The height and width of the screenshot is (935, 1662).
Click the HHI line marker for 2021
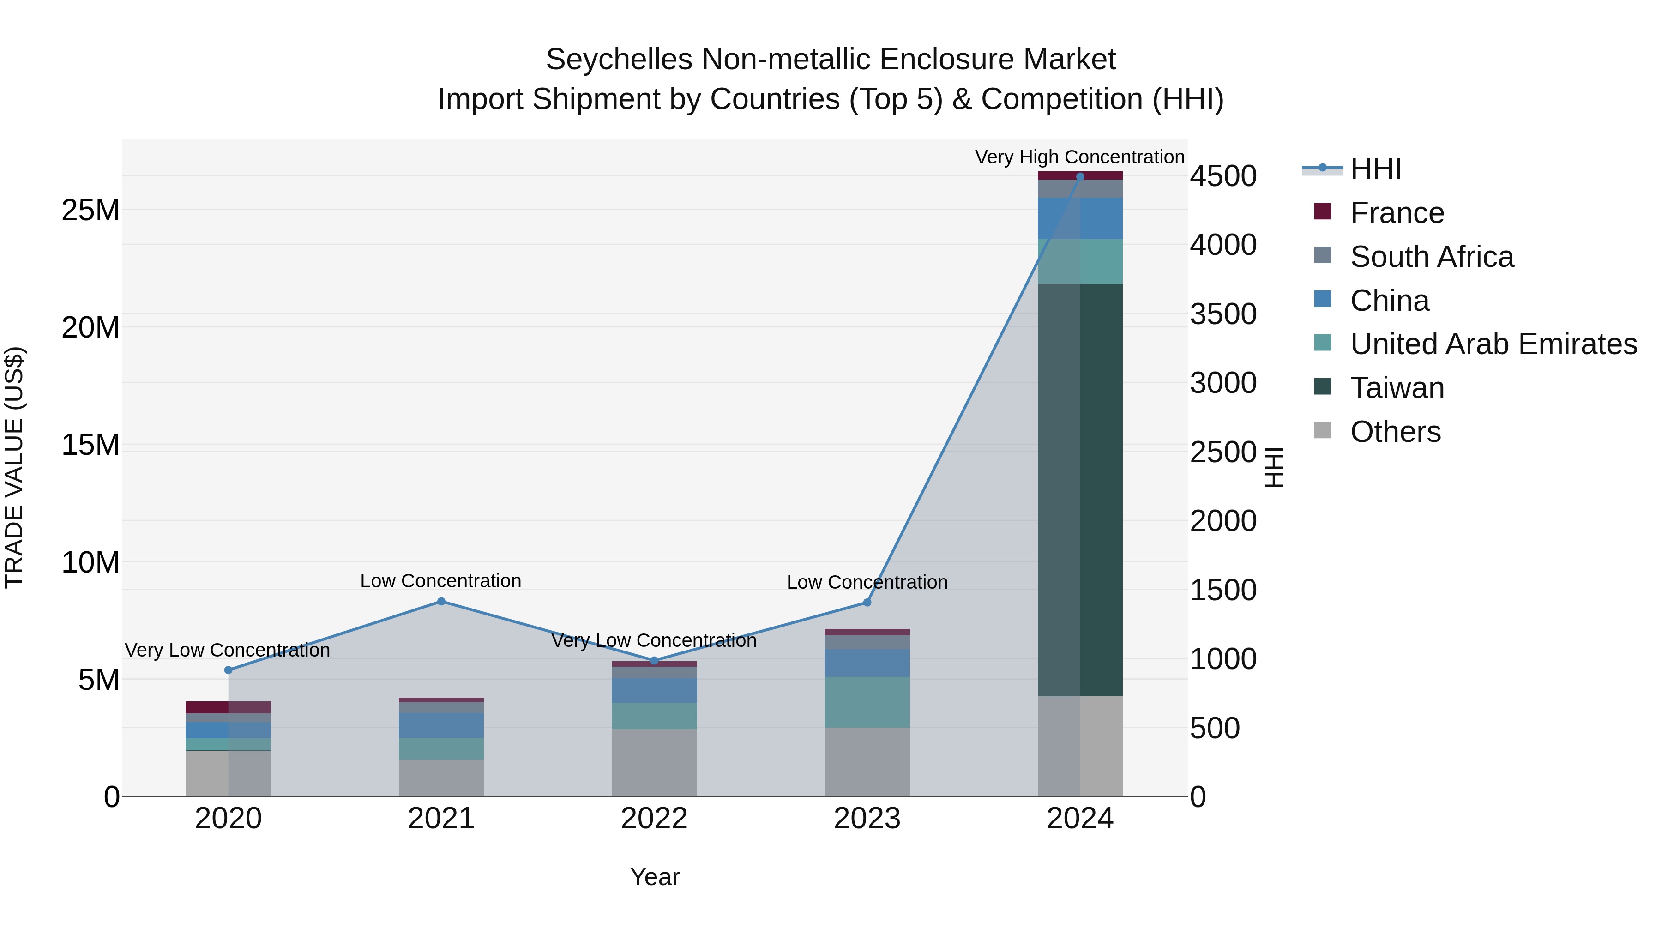[441, 601]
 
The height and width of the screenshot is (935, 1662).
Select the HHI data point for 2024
[1080, 177]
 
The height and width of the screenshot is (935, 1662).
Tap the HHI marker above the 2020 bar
[229, 670]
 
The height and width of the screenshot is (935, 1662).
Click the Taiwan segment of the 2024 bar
[1080, 490]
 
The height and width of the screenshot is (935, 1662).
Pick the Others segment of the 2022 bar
[654, 763]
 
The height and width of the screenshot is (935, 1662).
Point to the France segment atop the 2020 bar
[229, 707]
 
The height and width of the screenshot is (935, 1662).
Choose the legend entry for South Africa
[1431, 257]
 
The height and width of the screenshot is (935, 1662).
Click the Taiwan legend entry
[1397, 388]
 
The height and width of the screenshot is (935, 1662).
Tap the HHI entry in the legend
[1376, 169]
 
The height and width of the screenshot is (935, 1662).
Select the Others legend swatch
[1323, 430]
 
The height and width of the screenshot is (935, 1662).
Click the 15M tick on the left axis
[91, 445]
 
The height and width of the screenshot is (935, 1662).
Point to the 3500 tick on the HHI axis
[1223, 314]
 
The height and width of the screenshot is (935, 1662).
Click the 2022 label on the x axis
[654, 819]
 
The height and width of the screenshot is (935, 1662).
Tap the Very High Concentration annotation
[1079, 157]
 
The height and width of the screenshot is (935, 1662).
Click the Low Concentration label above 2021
[441, 581]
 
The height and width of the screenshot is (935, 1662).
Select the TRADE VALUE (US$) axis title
[14, 467]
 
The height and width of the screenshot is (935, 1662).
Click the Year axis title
[654, 877]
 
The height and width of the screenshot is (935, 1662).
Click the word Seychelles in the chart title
[620, 60]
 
